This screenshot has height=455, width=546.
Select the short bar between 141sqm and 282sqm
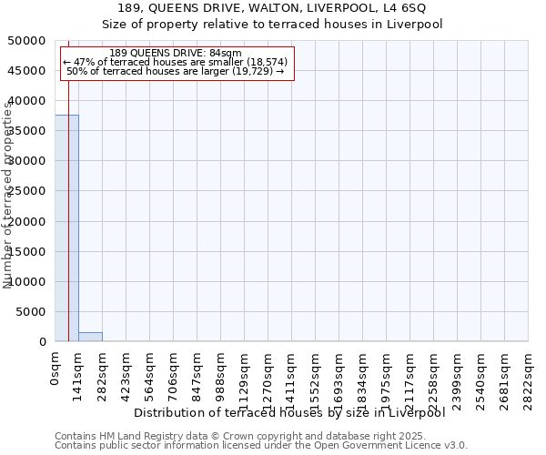tap(90, 337)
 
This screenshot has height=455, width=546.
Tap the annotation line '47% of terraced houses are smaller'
tap(176, 62)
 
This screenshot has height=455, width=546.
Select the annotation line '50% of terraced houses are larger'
tap(176, 71)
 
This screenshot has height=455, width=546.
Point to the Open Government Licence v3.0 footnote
tap(261, 446)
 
